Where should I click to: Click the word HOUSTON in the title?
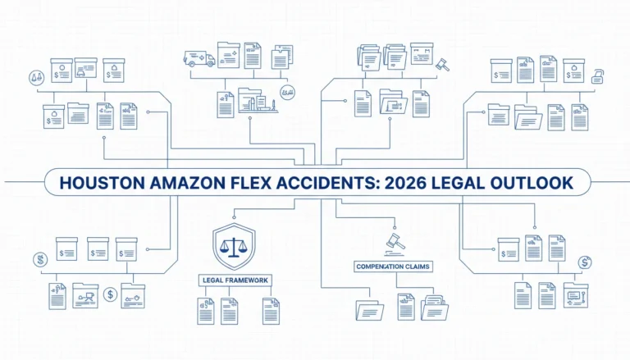(102, 183)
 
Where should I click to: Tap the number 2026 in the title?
(404, 183)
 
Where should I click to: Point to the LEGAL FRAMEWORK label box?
(235, 280)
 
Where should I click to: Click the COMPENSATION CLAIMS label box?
(393, 267)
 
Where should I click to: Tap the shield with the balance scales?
(234, 246)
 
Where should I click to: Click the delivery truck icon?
(199, 59)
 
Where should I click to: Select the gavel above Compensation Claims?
(395, 244)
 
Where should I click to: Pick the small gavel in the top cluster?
(442, 65)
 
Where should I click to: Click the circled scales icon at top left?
(37, 77)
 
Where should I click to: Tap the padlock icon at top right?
(597, 77)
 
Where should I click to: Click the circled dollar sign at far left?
(40, 260)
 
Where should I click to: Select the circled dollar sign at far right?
(585, 262)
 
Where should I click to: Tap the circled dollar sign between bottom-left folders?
(110, 294)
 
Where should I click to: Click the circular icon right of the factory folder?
(287, 93)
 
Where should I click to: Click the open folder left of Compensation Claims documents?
(370, 310)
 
